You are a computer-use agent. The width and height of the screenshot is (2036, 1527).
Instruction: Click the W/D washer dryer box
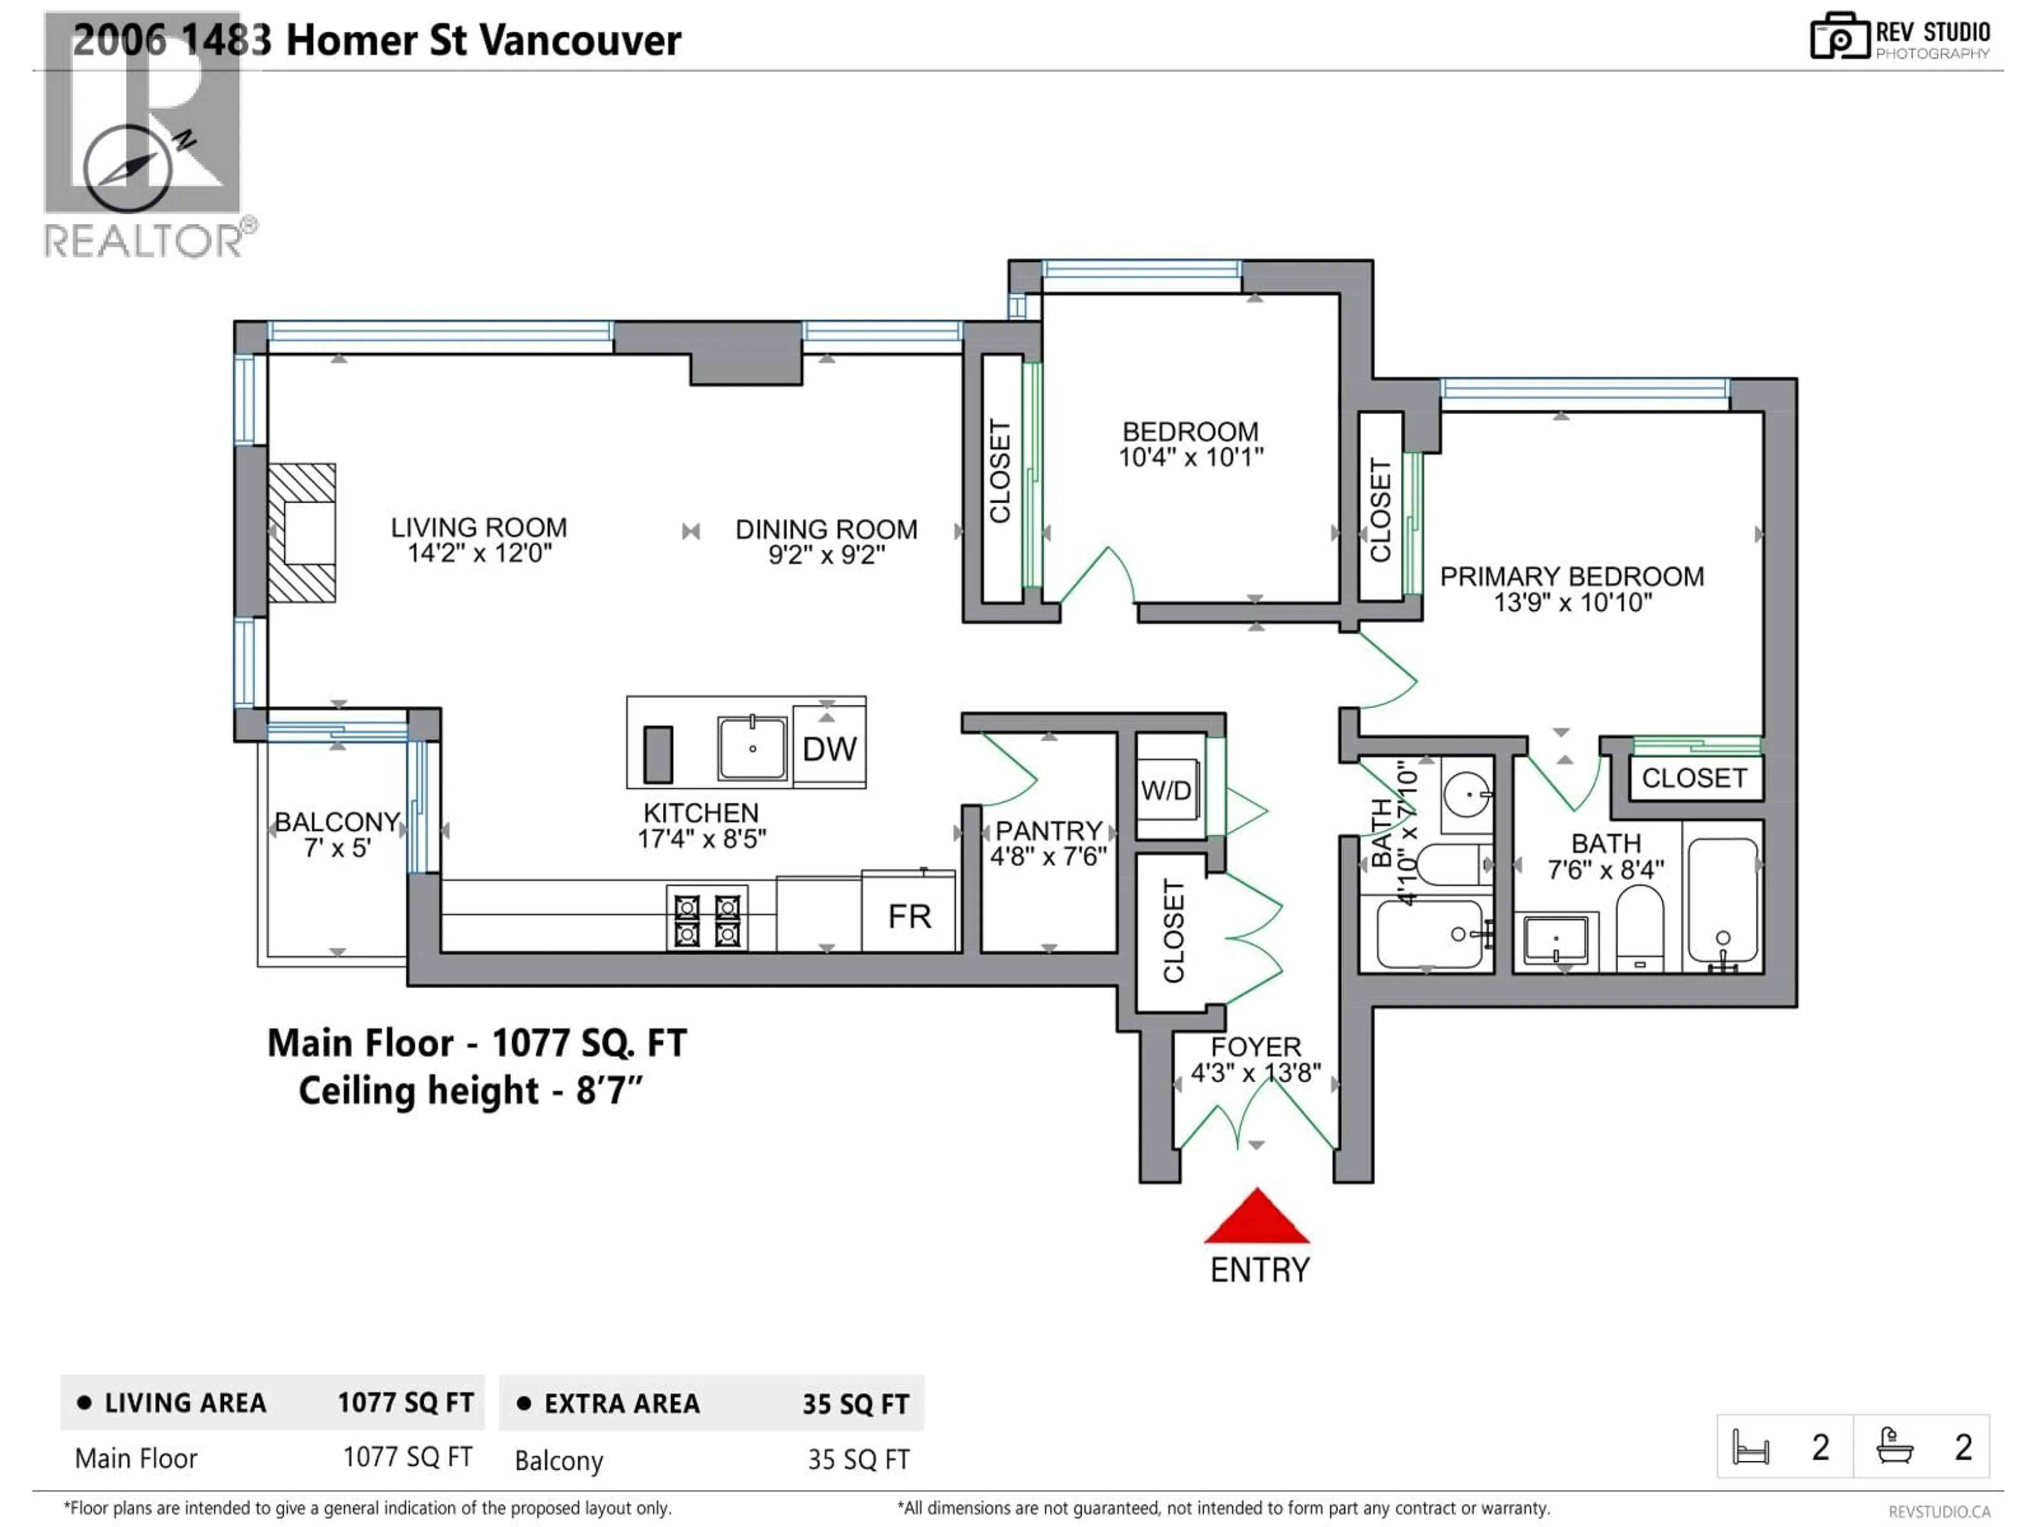point(1166,789)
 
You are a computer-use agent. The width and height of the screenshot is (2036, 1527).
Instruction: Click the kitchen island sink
point(752,748)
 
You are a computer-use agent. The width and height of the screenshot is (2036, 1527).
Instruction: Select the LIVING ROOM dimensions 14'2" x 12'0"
point(479,553)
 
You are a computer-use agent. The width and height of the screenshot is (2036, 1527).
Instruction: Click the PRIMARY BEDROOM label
point(1571,577)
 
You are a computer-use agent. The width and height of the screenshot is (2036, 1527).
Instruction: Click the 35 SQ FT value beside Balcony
point(858,1460)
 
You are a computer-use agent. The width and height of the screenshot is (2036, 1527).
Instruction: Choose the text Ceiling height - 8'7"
point(469,1092)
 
